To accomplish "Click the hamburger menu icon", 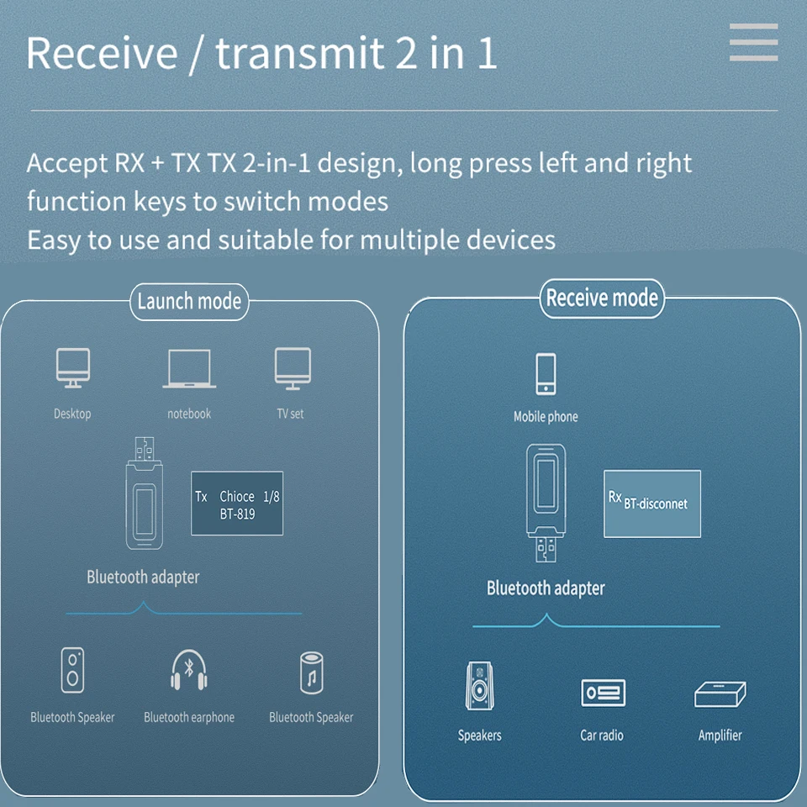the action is coord(753,42).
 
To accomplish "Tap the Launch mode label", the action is coord(189,302).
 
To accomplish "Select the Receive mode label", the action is coord(602,298).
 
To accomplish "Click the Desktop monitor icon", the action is coord(73,367).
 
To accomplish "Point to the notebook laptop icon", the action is coord(189,368).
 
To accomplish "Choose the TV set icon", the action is coord(293,368).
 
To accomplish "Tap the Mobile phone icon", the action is coord(546,374).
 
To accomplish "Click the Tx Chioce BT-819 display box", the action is coord(237,504).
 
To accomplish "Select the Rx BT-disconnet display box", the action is coord(652,504).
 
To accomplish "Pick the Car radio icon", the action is coord(603,693).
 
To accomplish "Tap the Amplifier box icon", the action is coord(720,694).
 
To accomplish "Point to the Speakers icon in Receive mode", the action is coord(479,686).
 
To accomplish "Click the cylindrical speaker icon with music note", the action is coord(311,673).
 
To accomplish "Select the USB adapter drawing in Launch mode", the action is coord(145,493).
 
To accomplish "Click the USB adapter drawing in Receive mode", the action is coord(546,503).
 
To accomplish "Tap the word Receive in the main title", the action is coord(102,53).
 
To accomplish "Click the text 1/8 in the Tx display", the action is coord(272,497).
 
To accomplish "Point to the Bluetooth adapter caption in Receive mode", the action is coord(546,588).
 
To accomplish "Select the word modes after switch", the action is coord(348,201).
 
